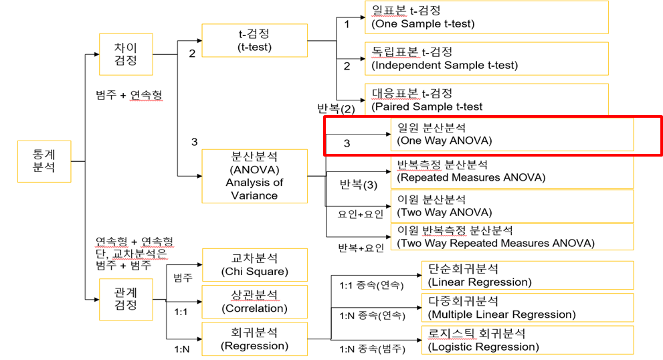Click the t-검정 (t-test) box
[x=254, y=40]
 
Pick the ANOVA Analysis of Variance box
[x=254, y=176]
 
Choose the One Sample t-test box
[x=486, y=17]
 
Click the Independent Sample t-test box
[x=486, y=59]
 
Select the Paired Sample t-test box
[x=486, y=100]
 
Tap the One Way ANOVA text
[x=444, y=134]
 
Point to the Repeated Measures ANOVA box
[x=512, y=171]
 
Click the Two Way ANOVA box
[x=512, y=205]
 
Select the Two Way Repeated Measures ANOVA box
[x=512, y=237]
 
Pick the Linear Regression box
[x=528, y=275]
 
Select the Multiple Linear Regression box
[x=528, y=308]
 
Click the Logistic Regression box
[x=528, y=340]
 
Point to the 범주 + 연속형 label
[x=129, y=96]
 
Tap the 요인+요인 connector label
[x=361, y=214]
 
